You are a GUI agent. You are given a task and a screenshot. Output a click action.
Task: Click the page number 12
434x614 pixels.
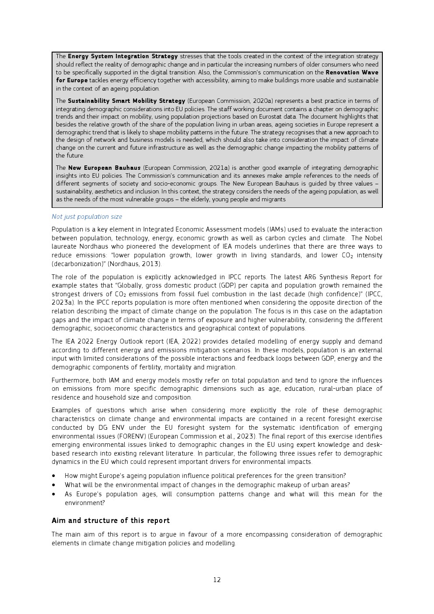coord(217,580)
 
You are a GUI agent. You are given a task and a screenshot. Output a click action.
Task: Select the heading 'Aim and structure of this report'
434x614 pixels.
coord(110,521)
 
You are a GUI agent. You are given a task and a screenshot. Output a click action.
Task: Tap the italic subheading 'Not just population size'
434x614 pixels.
coord(87,217)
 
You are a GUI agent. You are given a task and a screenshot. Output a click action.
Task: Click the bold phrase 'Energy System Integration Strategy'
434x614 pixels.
coord(122,56)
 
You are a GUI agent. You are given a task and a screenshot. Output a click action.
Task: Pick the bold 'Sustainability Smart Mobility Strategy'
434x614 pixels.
coord(126,101)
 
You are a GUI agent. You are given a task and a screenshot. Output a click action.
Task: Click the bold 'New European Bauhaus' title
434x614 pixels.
coord(104,168)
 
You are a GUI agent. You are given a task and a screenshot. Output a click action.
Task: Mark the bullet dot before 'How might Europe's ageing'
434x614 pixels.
coord(54,476)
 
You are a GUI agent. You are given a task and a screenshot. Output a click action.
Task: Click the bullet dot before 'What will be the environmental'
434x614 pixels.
coord(54,485)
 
